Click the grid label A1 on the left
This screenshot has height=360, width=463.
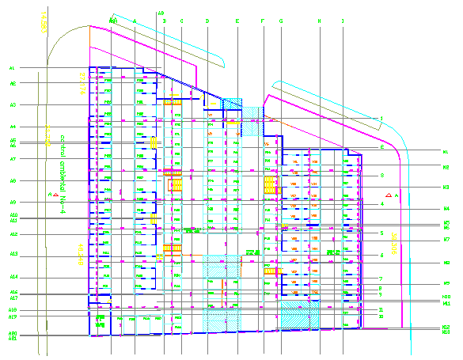[x=13, y=68]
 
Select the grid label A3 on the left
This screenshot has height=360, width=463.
[x=13, y=104]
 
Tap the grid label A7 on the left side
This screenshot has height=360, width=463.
[x=13, y=159]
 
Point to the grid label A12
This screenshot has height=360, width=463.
[x=13, y=234]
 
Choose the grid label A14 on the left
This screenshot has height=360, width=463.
[x=13, y=277]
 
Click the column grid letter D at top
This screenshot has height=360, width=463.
[x=207, y=21]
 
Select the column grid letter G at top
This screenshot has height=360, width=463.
[x=281, y=21]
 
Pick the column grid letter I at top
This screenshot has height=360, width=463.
[x=343, y=21]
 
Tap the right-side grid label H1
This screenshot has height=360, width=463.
[x=446, y=151]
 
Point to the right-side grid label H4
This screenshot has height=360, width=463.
[x=446, y=209]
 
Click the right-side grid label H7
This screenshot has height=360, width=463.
[x=446, y=239]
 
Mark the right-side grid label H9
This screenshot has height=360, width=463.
[x=446, y=283]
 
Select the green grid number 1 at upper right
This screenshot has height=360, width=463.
[x=381, y=119]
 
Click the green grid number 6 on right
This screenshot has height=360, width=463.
[x=381, y=256]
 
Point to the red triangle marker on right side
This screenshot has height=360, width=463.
[x=388, y=195]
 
